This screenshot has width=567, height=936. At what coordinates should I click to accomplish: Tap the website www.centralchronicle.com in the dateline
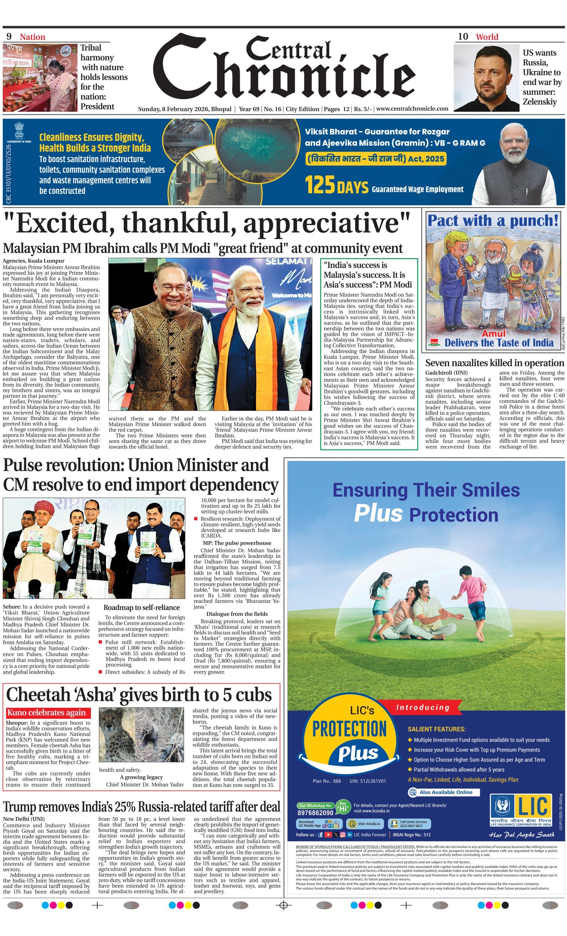tap(412, 109)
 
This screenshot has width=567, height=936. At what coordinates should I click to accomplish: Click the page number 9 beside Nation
tap(9, 36)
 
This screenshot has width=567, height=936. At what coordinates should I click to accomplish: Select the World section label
tap(487, 37)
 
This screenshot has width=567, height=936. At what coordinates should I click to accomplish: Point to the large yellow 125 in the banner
tap(319, 184)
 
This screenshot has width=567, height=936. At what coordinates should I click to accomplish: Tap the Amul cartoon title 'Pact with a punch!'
tap(493, 220)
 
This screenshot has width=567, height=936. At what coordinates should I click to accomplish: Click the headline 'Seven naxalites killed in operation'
tap(494, 363)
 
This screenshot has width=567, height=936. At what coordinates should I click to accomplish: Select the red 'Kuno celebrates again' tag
tap(46, 713)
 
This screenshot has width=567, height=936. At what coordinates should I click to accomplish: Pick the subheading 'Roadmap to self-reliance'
tap(141, 607)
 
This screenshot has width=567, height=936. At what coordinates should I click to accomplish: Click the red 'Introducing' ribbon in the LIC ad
tap(423, 707)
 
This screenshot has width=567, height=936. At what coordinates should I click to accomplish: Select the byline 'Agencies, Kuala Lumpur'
tap(33, 261)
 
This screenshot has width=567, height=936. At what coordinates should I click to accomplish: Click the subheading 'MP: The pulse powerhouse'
tap(237, 543)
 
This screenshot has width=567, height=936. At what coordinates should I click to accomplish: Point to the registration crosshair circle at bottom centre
tap(283, 905)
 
